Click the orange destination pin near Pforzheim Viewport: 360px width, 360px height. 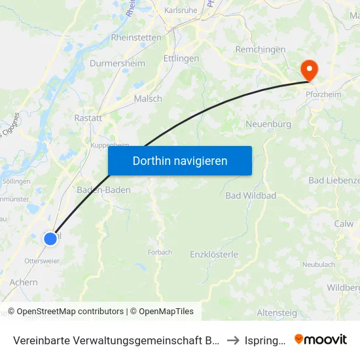point(308,69)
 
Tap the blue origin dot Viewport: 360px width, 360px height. point(50,239)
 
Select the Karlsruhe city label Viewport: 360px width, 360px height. point(181,11)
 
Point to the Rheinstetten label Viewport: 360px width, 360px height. point(136,38)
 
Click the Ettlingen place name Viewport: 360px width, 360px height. point(181,59)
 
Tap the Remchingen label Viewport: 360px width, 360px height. point(261,50)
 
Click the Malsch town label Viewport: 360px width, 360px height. point(148,99)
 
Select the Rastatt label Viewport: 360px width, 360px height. point(88,118)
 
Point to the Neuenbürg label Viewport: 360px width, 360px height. point(267,124)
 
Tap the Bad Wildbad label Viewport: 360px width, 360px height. point(251,196)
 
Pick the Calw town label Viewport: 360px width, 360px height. point(344,224)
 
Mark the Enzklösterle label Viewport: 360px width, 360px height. point(214,254)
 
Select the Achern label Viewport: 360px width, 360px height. point(24,283)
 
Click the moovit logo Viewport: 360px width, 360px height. point(321,339)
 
